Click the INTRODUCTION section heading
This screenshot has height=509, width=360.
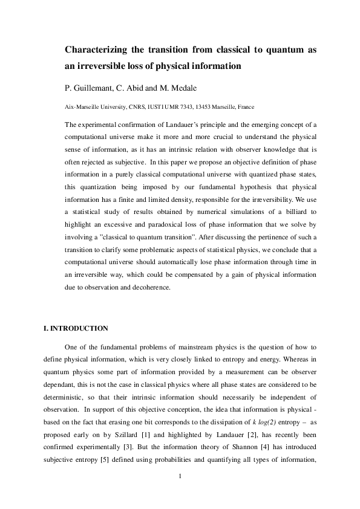pos(76,328)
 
